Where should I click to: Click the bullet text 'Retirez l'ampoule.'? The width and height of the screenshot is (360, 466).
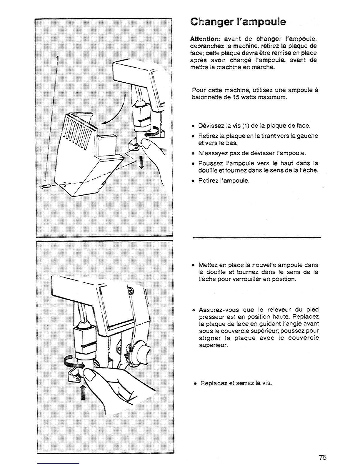(224, 180)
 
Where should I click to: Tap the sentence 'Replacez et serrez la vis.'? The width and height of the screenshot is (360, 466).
(236, 383)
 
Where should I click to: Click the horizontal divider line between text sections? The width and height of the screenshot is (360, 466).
(256, 237)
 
